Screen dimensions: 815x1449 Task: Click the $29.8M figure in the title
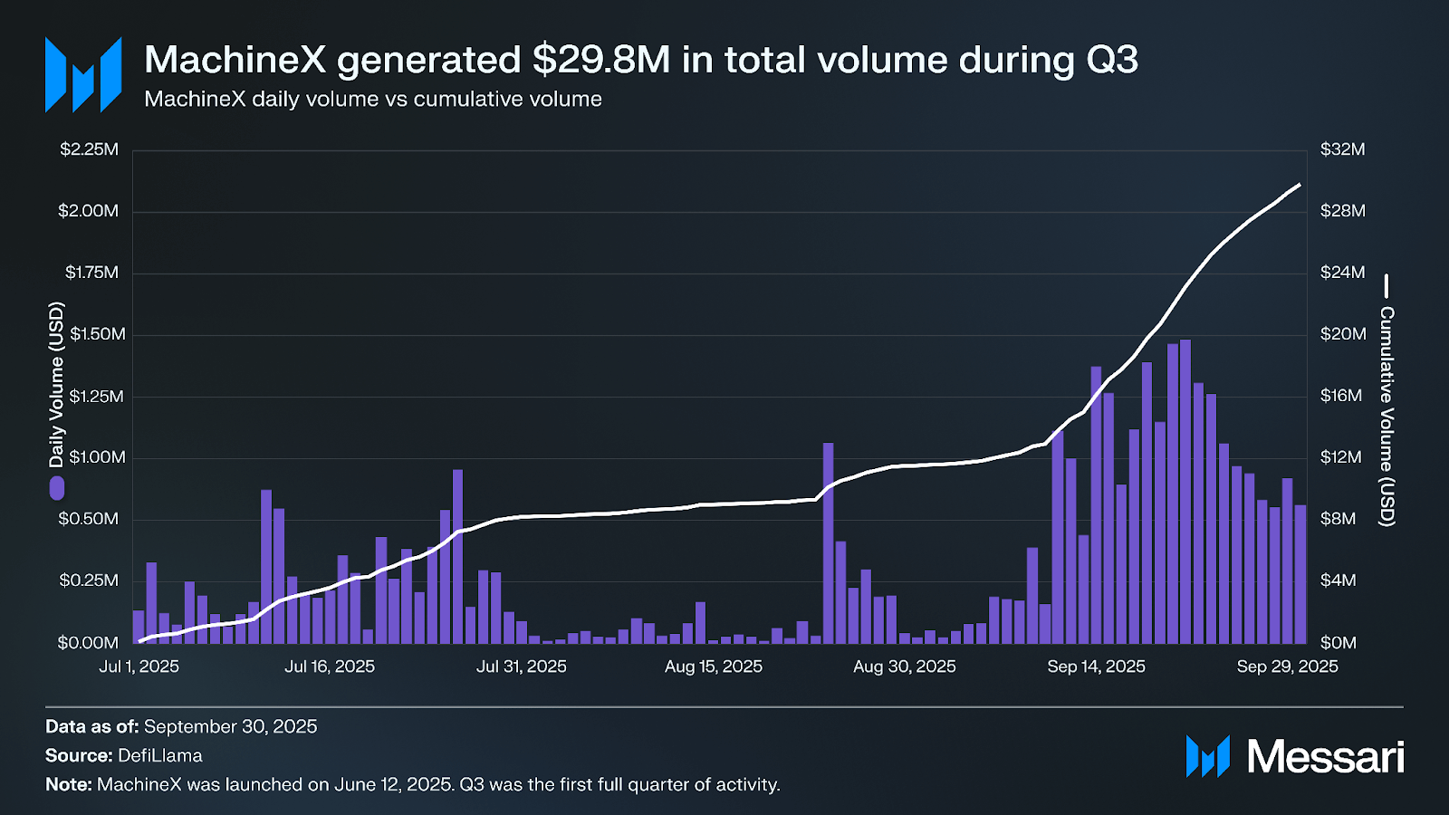[601, 61]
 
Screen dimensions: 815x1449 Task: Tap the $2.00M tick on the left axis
[89, 211]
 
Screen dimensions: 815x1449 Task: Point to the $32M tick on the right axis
[1342, 149]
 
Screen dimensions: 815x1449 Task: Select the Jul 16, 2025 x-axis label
[330, 666]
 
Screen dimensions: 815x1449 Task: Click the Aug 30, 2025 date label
[904, 666]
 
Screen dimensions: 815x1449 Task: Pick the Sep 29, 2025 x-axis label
[1287, 666]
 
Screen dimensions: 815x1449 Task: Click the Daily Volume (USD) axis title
[57, 385]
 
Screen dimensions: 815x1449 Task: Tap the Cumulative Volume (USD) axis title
[1387, 416]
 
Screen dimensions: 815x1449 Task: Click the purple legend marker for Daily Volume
[57, 488]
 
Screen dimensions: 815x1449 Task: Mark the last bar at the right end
[1300, 574]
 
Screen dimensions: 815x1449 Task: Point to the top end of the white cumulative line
[1300, 184]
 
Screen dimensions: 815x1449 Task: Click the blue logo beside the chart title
[83, 75]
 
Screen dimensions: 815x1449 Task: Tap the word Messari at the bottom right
[1325, 757]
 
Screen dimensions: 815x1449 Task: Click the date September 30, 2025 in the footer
[230, 726]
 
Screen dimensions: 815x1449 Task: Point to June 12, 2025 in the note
[391, 784]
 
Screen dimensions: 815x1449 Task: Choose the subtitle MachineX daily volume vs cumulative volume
[373, 99]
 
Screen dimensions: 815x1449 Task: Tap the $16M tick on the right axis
[1341, 396]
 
